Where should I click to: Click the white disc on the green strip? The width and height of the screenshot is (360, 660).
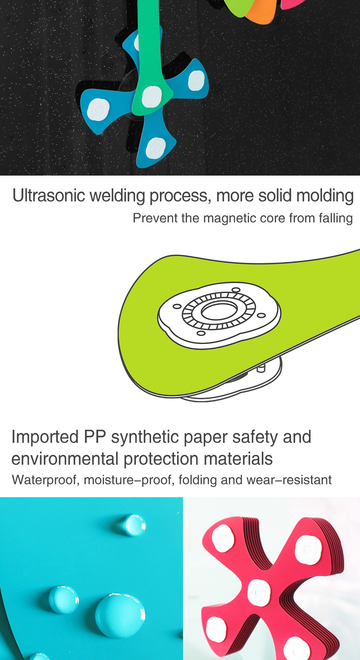click(152, 97)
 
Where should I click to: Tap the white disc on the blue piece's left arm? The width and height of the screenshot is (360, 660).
click(99, 110)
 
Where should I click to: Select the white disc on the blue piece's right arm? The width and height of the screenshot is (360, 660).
click(196, 81)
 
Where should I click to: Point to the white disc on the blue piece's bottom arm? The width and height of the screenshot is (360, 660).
click(156, 147)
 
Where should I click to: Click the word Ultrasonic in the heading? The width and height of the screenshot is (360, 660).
click(49, 196)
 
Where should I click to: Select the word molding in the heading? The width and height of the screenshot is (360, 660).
click(325, 196)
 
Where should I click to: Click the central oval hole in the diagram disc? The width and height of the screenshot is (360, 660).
click(219, 311)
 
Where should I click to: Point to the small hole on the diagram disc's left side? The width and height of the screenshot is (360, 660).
click(177, 306)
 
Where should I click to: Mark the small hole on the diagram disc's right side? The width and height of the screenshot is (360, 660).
click(261, 315)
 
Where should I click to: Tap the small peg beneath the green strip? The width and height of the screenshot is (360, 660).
click(261, 368)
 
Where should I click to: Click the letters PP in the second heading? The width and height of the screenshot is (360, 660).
click(95, 437)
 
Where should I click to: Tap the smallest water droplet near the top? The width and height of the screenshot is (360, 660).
click(134, 525)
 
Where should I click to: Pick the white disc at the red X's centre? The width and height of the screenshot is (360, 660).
click(259, 592)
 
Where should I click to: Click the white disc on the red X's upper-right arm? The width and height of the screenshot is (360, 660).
click(308, 549)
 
